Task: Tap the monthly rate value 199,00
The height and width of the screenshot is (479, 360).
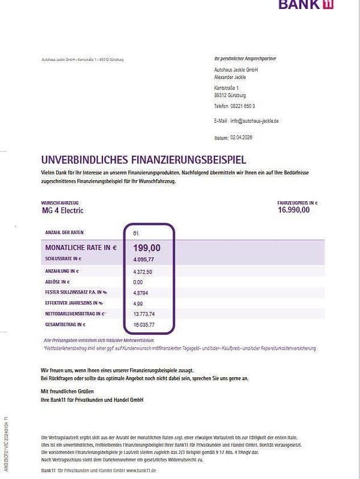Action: point(146,247)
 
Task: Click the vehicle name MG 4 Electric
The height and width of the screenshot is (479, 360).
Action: point(62,211)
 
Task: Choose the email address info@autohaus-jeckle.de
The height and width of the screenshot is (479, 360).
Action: point(255,121)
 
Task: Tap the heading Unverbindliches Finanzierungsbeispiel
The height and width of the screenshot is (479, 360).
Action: point(143,160)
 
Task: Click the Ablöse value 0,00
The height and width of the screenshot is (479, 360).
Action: point(138,281)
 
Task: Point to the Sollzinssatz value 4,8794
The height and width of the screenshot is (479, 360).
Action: point(141,293)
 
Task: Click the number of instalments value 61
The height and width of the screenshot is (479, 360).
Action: point(136,232)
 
